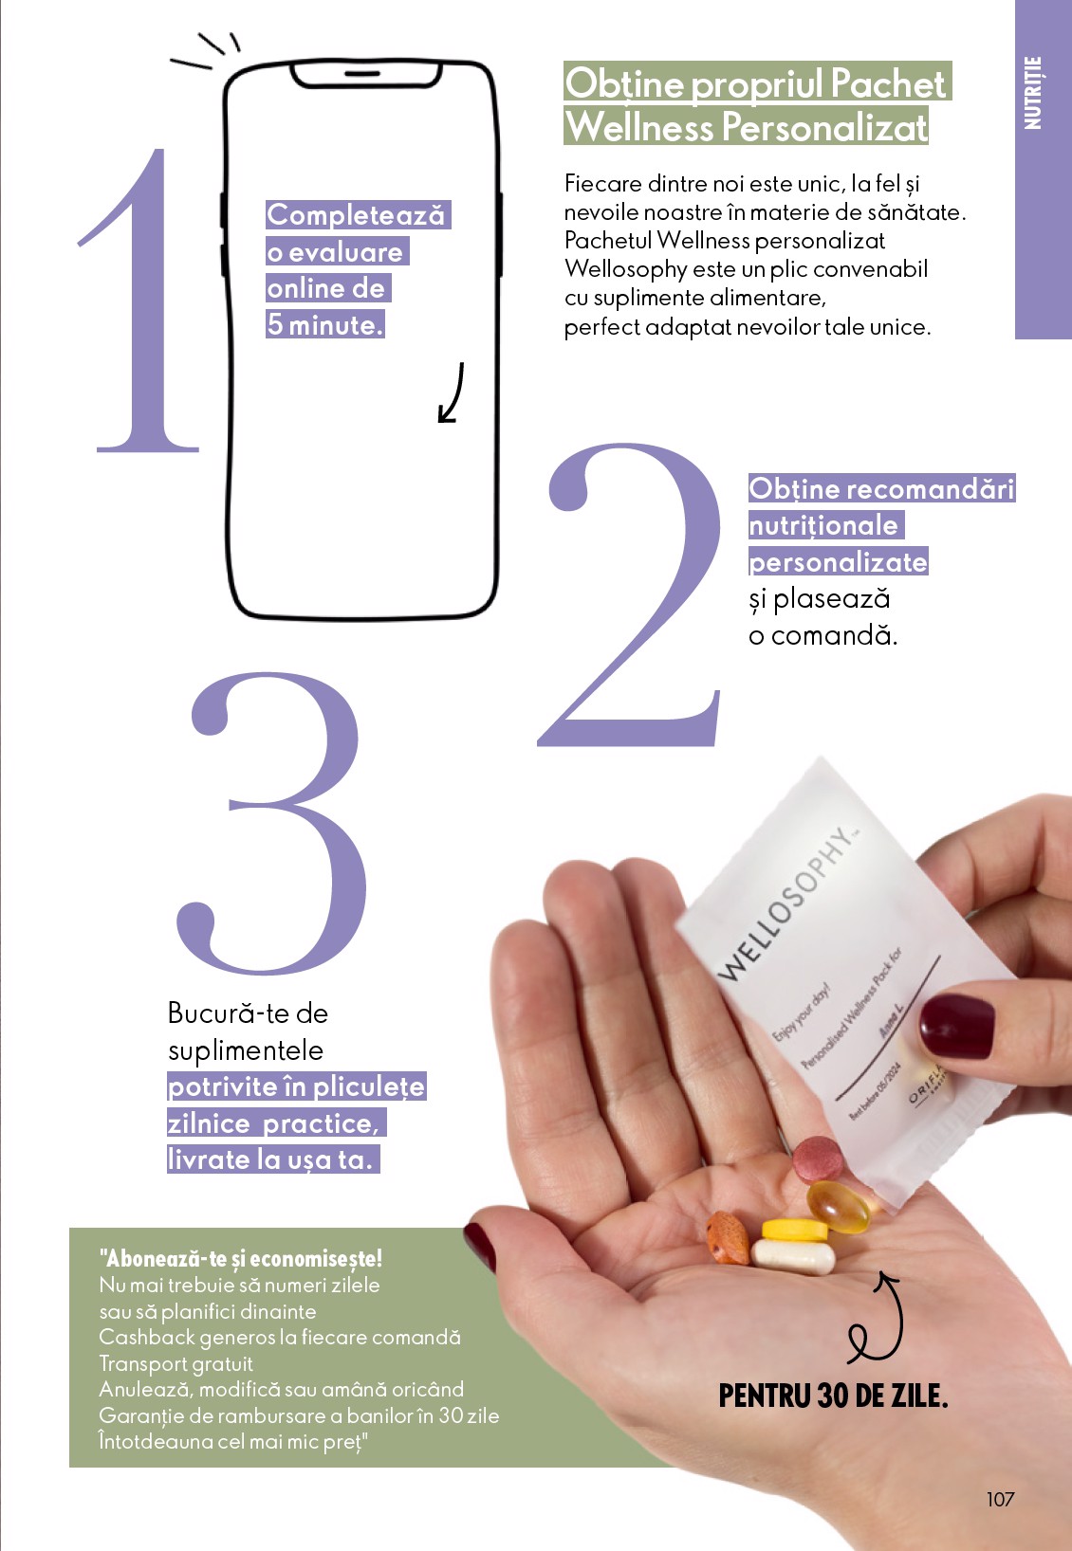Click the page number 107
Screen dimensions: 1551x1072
tap(1000, 1499)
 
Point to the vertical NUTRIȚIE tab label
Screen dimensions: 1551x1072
tap(1033, 93)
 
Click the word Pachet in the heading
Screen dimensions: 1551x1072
tap(887, 83)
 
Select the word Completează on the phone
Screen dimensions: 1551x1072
tap(356, 214)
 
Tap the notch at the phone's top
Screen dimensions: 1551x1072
tap(364, 74)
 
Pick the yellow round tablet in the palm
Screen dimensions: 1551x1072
tap(795, 1230)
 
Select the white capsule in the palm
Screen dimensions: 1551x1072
tap(793, 1256)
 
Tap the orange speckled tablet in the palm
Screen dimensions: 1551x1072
tap(729, 1238)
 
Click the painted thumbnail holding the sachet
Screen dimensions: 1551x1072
tap(956, 1026)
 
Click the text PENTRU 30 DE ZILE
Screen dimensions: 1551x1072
tap(833, 1396)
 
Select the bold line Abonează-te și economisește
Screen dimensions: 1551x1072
tap(241, 1258)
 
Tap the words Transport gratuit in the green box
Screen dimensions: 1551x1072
tap(176, 1363)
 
